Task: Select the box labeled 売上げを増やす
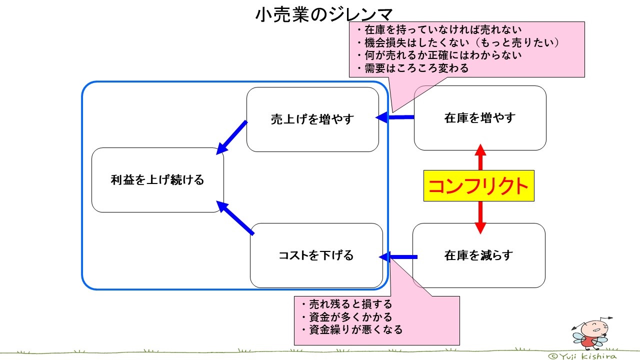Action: (x=312, y=119)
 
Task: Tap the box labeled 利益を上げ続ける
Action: (x=157, y=180)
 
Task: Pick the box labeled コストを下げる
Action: (x=316, y=255)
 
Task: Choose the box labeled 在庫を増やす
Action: (x=479, y=118)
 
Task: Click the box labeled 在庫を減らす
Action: (x=478, y=255)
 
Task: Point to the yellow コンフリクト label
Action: (x=478, y=186)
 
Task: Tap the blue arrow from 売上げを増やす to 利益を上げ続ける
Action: (x=232, y=137)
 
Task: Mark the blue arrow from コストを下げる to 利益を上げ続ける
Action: (x=235, y=218)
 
